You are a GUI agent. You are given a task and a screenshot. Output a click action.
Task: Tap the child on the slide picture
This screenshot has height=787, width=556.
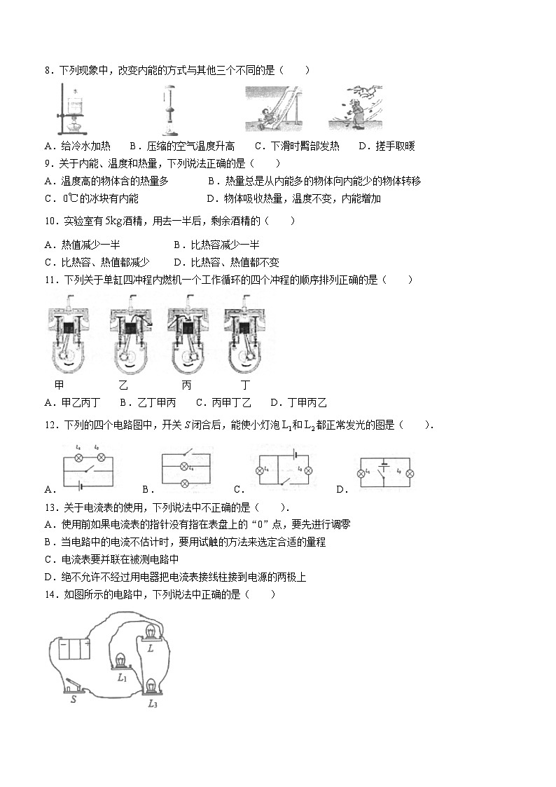(x=270, y=110)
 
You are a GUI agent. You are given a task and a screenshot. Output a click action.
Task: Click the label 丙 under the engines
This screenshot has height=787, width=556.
(x=186, y=385)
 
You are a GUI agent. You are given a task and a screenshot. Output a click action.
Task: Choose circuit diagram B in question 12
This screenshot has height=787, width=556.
(x=185, y=465)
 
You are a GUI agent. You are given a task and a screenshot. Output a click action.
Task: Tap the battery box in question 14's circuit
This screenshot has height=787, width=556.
(x=74, y=648)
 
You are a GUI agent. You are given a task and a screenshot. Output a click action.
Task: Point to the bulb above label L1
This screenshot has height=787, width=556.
(x=122, y=662)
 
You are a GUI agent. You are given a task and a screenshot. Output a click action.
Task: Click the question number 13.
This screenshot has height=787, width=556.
(x=50, y=507)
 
